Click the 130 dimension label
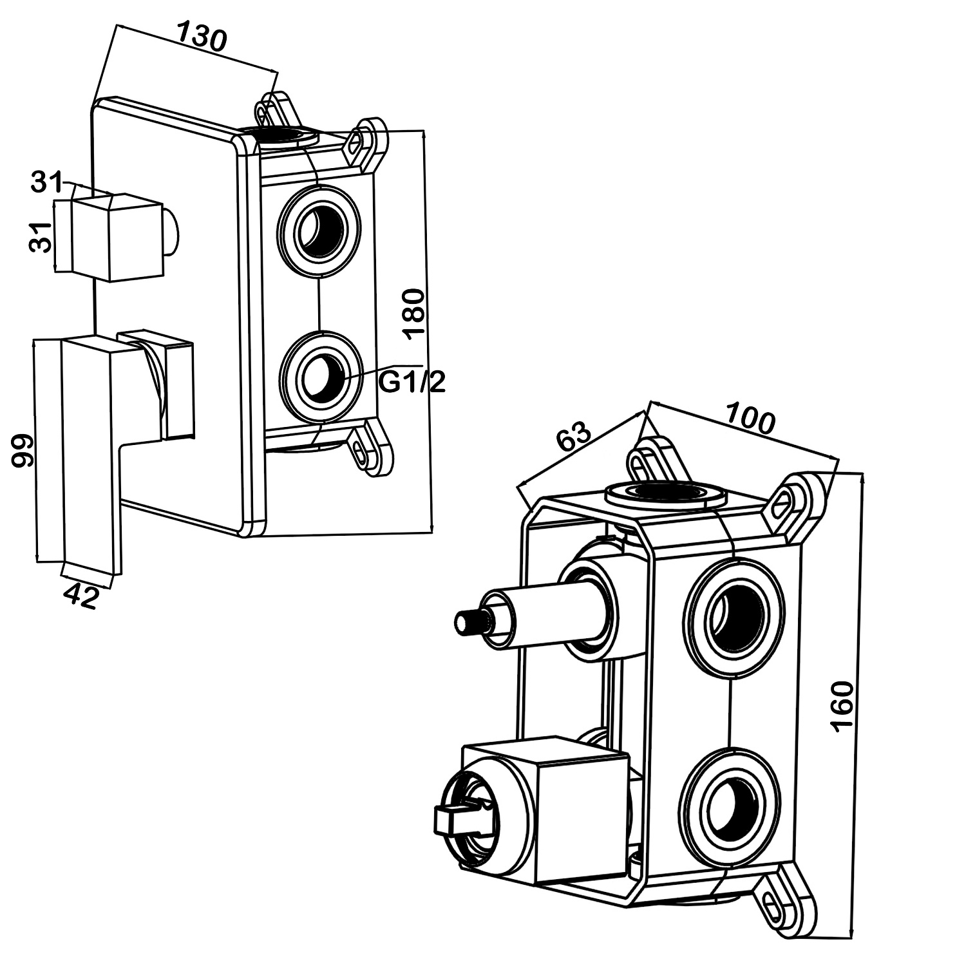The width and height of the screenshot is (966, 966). (x=202, y=37)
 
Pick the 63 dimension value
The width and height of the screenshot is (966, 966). (x=573, y=437)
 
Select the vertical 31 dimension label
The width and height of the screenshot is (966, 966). (x=41, y=237)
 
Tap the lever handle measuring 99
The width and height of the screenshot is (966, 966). (x=90, y=444)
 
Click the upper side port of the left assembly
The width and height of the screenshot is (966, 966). (x=318, y=228)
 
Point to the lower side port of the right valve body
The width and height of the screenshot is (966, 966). (x=731, y=799)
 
